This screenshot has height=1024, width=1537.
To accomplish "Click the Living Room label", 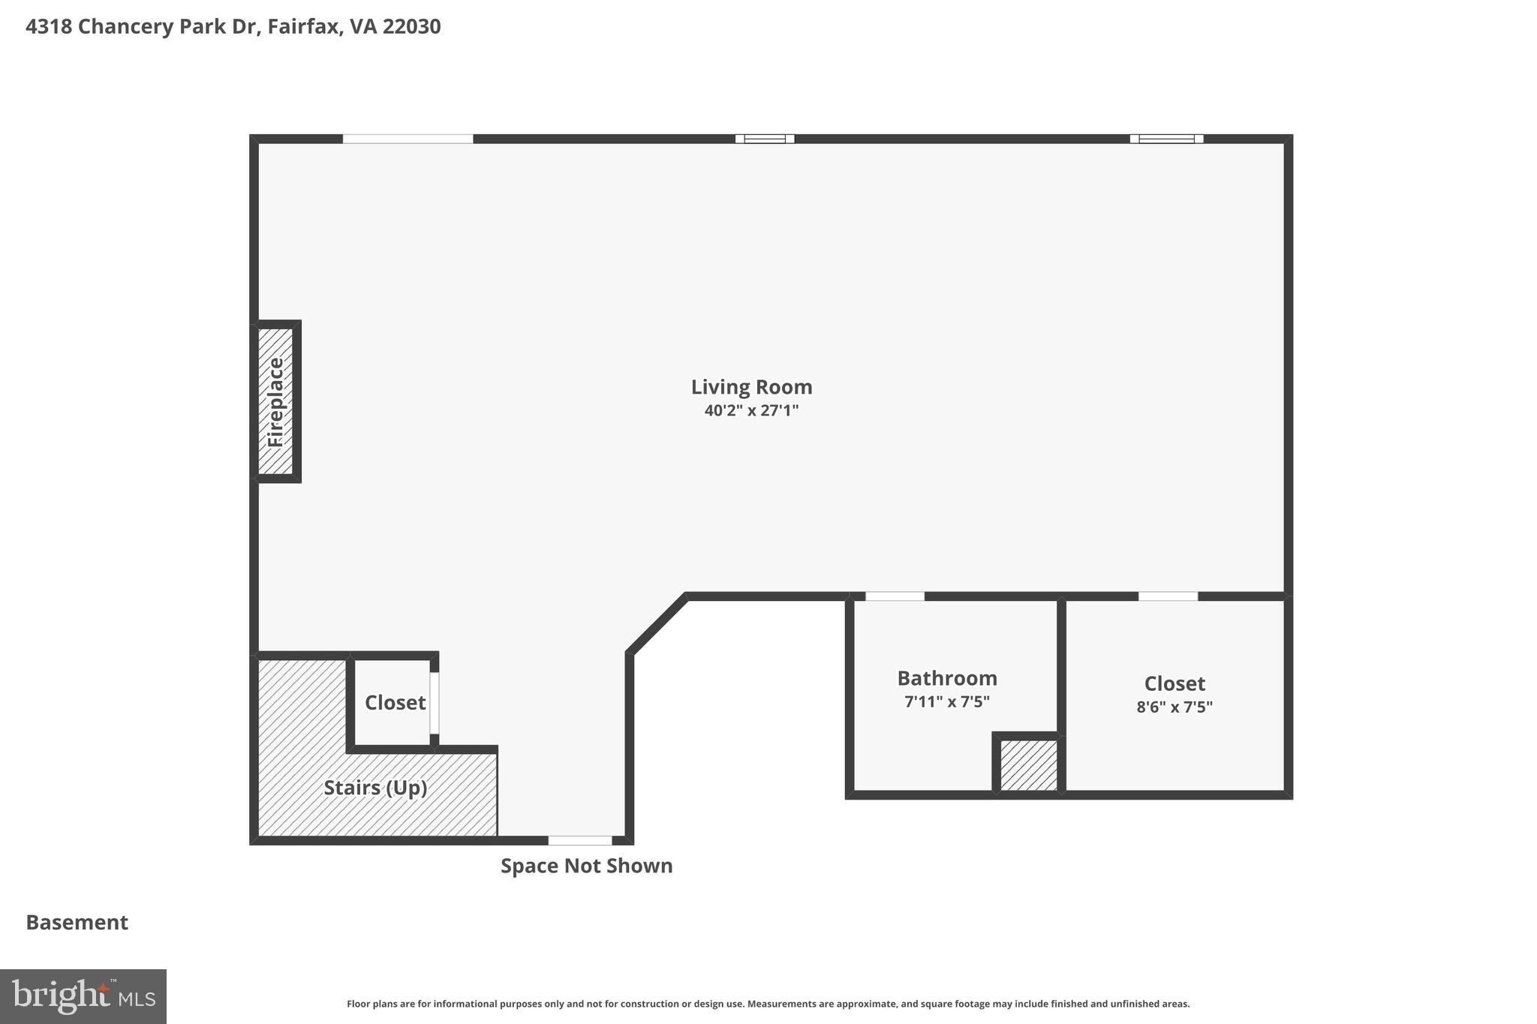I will [751, 387].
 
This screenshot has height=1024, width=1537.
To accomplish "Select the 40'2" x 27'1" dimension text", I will [751, 410].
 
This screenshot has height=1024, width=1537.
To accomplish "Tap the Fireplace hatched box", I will [275, 401].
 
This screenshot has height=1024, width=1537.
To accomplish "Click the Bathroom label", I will [947, 678].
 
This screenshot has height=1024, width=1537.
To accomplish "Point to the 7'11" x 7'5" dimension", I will [947, 702].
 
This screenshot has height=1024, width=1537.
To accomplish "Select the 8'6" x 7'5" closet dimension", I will [1175, 707].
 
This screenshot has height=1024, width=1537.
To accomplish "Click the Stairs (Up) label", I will [375, 788].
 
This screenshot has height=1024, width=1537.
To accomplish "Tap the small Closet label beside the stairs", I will [395, 702].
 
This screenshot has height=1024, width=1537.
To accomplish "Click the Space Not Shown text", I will [586, 866].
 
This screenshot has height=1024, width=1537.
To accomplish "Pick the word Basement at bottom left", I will [77, 922].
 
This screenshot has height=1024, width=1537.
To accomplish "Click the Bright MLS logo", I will [83, 996].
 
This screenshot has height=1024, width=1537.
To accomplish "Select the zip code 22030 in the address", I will [411, 26].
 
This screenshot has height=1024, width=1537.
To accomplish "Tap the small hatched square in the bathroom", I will [1028, 765].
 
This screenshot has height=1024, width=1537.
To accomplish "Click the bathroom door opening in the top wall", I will [895, 596].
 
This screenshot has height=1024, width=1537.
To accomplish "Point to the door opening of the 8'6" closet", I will [1168, 596].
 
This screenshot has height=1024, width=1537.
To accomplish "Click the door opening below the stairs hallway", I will [580, 840].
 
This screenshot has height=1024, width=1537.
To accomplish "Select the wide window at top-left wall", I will [408, 139].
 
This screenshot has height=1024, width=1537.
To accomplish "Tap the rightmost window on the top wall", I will [1166, 139].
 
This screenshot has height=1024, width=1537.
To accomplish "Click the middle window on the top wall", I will [765, 139].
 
